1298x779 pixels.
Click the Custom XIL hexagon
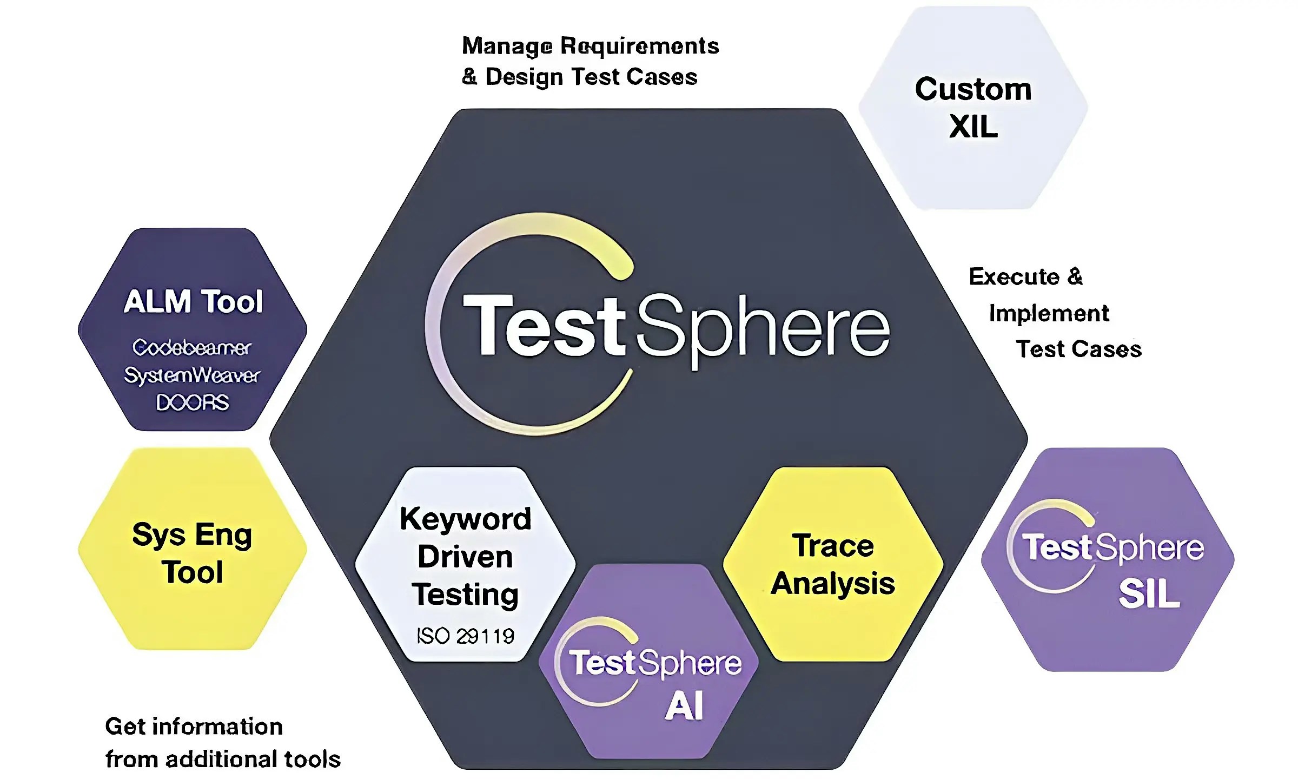(972, 108)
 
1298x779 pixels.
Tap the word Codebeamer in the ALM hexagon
(192, 347)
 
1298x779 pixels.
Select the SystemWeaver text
(192, 375)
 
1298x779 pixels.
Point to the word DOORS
(192, 402)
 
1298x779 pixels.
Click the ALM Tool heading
(193, 301)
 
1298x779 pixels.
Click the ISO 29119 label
(465, 636)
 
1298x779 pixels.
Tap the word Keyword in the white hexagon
(465, 519)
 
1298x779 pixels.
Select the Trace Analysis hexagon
(833, 564)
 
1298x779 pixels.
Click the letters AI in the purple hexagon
(684, 706)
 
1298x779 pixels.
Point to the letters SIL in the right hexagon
(1149, 594)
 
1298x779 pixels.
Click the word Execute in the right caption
(1014, 277)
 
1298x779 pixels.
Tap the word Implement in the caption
(1049, 314)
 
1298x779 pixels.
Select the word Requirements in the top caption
(640, 47)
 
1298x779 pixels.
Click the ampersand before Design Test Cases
(469, 77)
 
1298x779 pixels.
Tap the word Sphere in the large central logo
(763, 327)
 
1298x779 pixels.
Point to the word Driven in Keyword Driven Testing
(465, 557)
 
